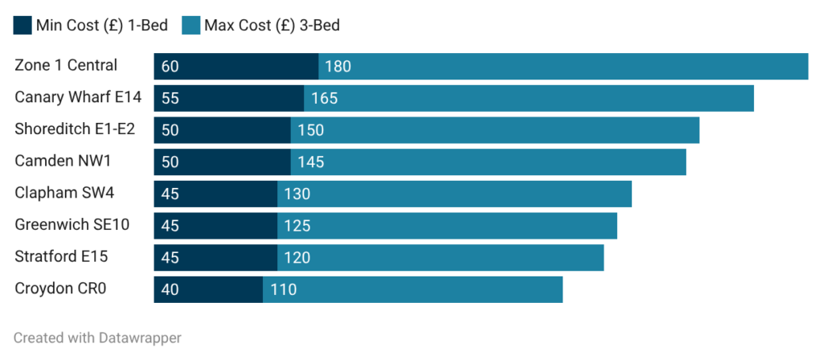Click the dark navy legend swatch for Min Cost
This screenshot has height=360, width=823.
23,26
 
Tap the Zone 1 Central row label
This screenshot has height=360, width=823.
66,66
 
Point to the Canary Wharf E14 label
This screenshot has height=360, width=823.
78,98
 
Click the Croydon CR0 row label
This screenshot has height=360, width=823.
60,288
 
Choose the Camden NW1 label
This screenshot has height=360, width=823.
63,162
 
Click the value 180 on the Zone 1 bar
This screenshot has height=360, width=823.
338,67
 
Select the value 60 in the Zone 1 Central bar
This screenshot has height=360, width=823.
170,67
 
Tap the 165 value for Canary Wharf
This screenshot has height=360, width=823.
324,99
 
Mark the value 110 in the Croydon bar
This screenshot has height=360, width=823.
283,289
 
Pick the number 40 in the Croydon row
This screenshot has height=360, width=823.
170,289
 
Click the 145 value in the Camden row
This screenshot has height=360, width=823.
310,162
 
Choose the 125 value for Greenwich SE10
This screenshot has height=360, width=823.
297,226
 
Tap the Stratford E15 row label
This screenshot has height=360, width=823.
61,257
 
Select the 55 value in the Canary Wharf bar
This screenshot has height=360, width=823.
170,99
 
